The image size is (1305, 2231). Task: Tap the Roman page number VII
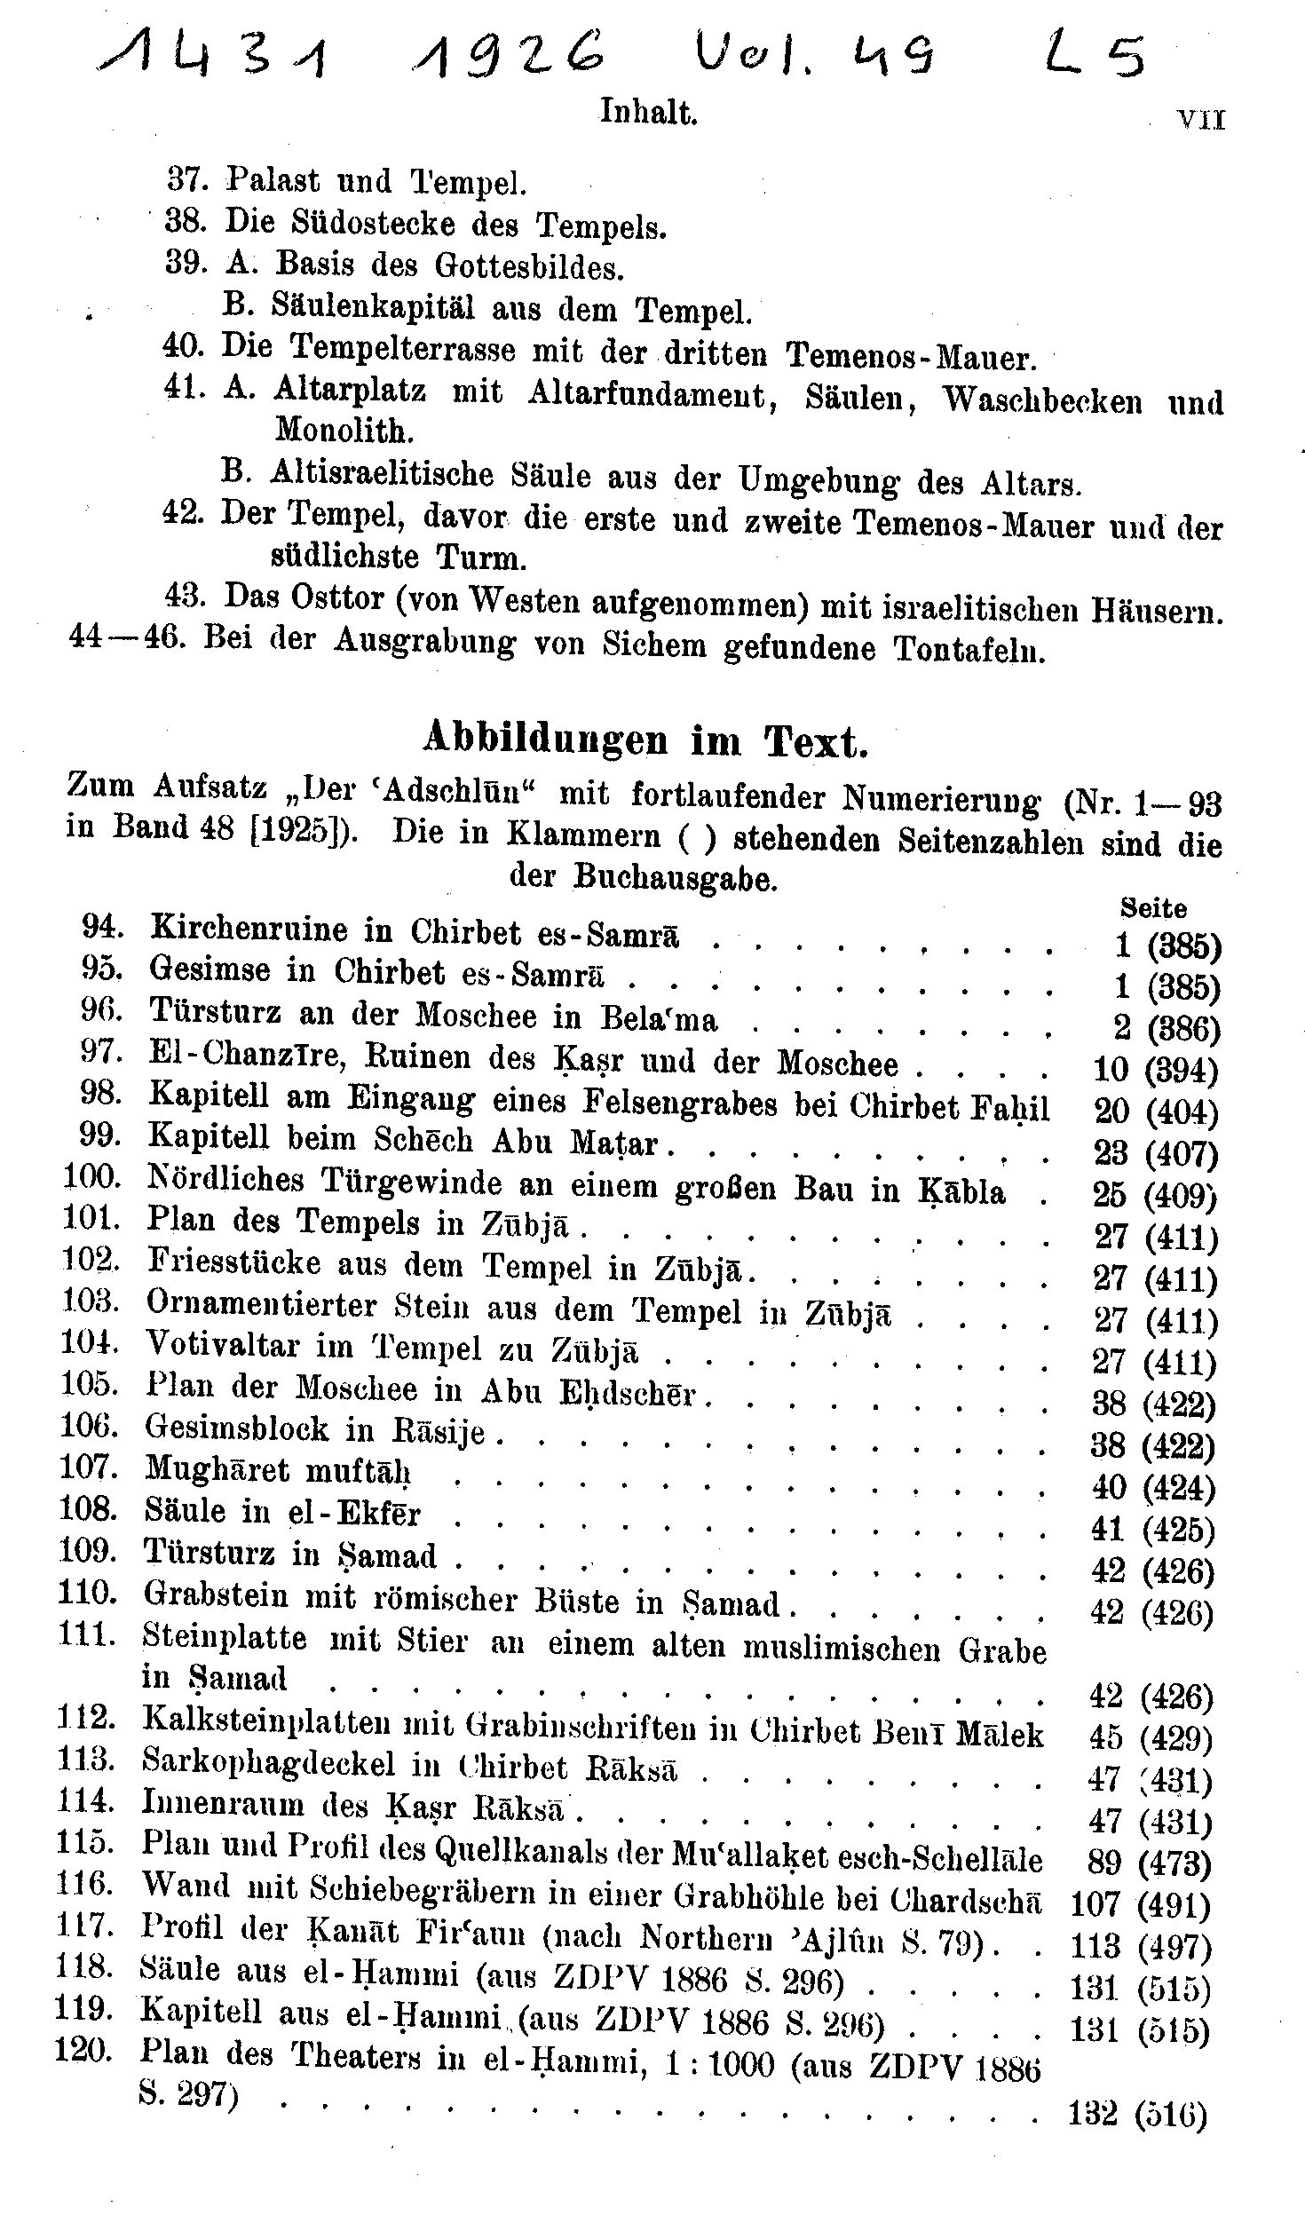point(1200,121)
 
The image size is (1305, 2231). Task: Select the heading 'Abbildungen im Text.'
point(645,740)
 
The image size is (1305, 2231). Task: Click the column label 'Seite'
point(1153,908)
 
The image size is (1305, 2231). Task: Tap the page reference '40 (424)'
point(1152,1488)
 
